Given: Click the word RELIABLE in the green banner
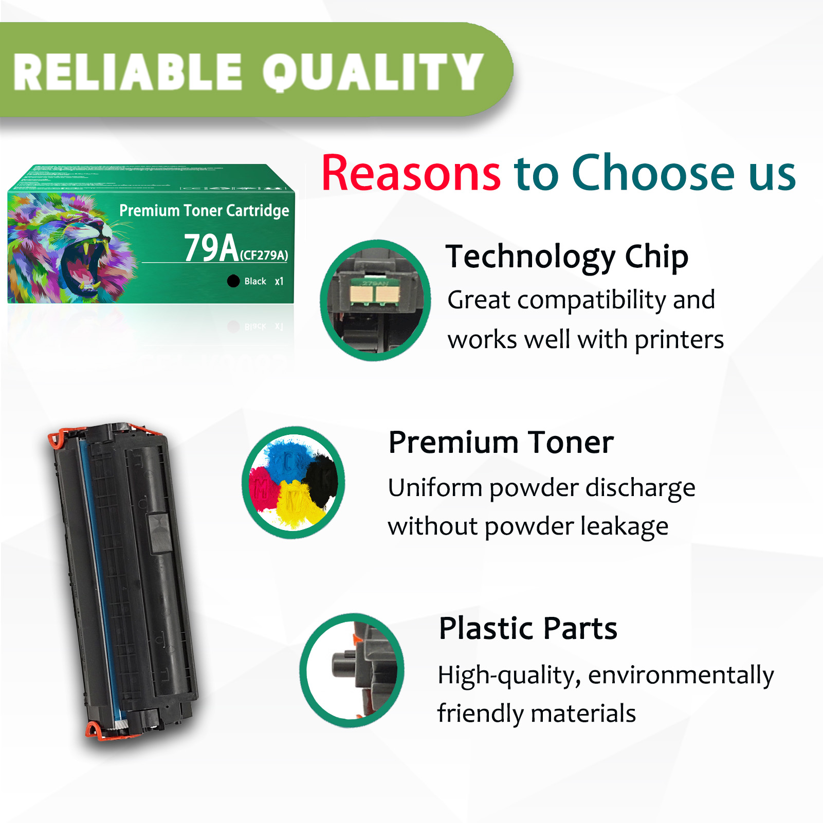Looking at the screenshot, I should click(x=127, y=72).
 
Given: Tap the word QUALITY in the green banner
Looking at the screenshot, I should click(x=373, y=72).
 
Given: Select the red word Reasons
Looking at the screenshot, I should click(x=411, y=174).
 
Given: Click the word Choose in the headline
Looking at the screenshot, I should click(x=653, y=174).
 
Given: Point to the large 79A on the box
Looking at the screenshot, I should click(x=211, y=248).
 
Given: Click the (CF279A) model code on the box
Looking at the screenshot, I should click(x=264, y=255).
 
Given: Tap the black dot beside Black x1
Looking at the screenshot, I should click(x=233, y=281).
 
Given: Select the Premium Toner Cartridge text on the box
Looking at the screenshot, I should click(x=204, y=210).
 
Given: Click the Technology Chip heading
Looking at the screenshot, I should click(x=567, y=257).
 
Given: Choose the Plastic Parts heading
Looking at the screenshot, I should click(x=528, y=628).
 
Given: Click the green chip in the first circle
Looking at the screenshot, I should click(x=375, y=294).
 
